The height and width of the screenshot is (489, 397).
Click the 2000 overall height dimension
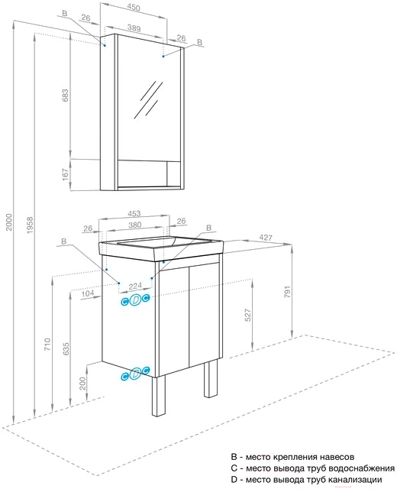[x=9, y=222]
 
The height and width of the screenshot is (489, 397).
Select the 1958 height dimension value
[x=30, y=225]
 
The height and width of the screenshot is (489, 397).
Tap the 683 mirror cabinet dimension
[x=65, y=96]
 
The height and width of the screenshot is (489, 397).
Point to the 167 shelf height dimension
[x=65, y=175]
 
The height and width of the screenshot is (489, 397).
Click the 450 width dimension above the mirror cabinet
[x=134, y=8]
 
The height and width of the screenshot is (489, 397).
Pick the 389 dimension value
[x=134, y=28]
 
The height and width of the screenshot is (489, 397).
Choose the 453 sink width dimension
[x=134, y=214]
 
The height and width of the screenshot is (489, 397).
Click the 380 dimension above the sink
[x=135, y=225]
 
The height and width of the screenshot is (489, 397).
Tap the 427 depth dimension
[x=266, y=238]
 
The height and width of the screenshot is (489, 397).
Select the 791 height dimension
[x=287, y=291]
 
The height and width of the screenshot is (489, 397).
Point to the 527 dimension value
[x=248, y=316]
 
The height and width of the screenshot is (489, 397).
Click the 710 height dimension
[x=47, y=344]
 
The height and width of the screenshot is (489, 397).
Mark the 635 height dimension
[x=66, y=349]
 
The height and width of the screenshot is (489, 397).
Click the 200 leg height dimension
[x=82, y=383]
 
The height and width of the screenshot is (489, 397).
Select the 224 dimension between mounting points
[x=135, y=286]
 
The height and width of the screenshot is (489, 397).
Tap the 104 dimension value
[x=88, y=293]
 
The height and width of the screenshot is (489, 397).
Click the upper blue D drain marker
[x=136, y=300]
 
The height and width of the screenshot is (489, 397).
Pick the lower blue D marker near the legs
[x=136, y=373]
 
